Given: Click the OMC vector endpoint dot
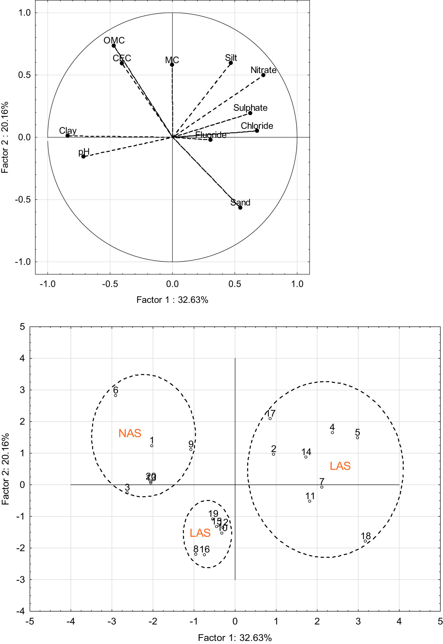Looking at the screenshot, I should pyautogui.click(x=113, y=46).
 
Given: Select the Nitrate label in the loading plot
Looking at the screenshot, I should pyautogui.click(x=263, y=70).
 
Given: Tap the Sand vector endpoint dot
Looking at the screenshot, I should pyautogui.click(x=240, y=207).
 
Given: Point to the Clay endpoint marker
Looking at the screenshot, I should pyautogui.click(x=68, y=136).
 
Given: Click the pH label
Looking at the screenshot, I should pyautogui.click(x=84, y=152).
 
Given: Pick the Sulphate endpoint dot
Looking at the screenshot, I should pyautogui.click(x=250, y=113).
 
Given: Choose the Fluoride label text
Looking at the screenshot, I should pyautogui.click(x=211, y=135).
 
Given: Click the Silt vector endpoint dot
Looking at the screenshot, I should pyautogui.click(x=231, y=63).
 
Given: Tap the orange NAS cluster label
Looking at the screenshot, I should pyautogui.click(x=130, y=433).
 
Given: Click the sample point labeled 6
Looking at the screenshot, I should pyautogui.click(x=115, y=395).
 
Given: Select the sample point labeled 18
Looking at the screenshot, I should pyautogui.click(x=365, y=541).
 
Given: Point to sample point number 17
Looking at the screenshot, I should pyautogui.click(x=270, y=418).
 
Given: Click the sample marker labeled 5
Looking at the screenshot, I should pyautogui.click(x=358, y=437).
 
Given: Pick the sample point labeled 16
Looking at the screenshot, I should pyautogui.click(x=204, y=554).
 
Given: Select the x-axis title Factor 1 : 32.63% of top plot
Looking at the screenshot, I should pyautogui.click(x=172, y=300).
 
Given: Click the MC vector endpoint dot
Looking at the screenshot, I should pyautogui.click(x=172, y=65).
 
